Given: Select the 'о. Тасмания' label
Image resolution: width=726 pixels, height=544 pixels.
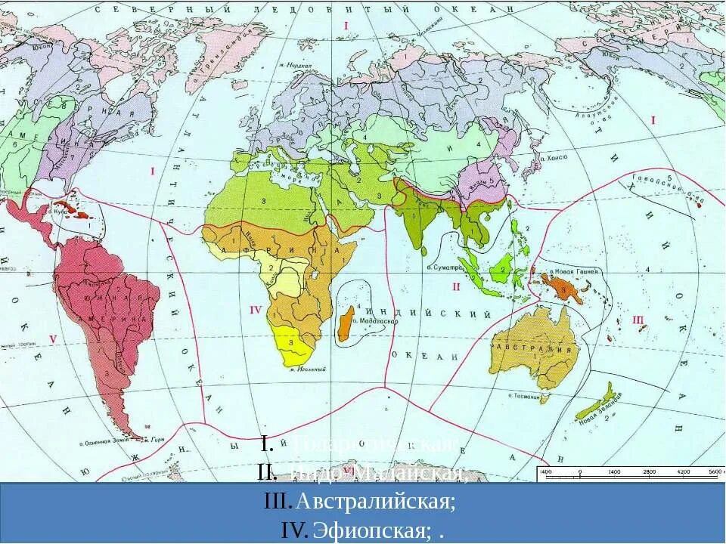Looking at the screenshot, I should click(524, 396).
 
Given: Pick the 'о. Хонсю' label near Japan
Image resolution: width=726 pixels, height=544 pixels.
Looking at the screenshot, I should click(555, 159).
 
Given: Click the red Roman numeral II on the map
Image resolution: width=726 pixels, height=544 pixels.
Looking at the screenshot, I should click(456, 286).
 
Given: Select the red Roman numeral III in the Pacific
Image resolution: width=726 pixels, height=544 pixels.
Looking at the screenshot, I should click(638, 320).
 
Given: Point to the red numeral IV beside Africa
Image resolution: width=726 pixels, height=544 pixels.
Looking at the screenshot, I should click(255, 309).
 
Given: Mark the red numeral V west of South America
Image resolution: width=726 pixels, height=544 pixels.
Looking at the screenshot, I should click(52, 338).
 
